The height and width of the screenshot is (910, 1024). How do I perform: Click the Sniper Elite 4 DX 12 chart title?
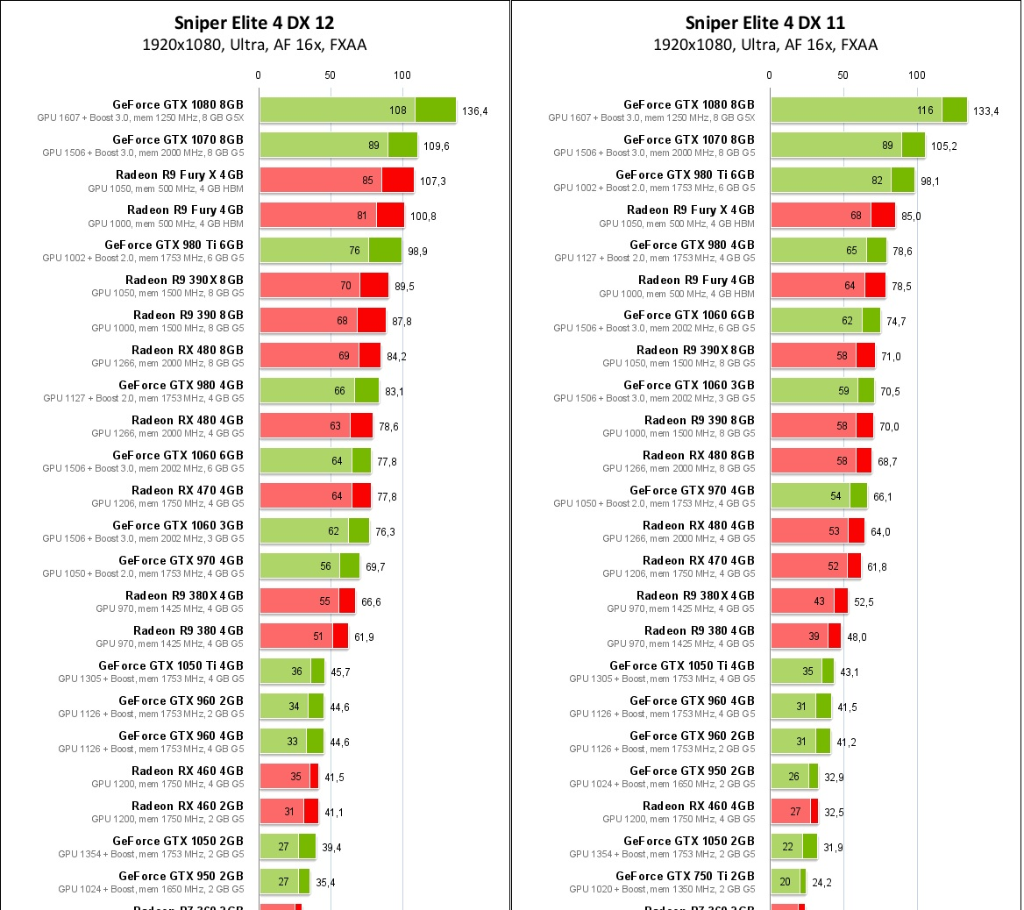coord(254,23)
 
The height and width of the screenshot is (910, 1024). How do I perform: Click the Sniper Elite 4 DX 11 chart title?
coord(765,23)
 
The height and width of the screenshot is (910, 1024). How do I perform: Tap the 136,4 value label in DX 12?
coord(474,111)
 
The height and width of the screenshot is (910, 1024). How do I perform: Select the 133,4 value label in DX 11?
coord(985,111)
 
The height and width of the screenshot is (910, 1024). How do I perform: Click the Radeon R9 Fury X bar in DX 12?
coord(337,181)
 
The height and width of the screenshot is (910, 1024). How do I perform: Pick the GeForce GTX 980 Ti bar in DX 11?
coord(843,181)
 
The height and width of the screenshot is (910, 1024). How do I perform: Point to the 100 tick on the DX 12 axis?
coord(402,75)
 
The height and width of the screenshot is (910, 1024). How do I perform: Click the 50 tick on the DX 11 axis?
coord(843,75)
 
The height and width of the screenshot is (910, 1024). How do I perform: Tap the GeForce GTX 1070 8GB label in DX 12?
coord(178,139)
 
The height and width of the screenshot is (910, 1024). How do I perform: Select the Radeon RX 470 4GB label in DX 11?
coord(698,560)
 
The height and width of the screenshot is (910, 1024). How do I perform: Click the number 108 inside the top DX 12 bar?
coord(398,111)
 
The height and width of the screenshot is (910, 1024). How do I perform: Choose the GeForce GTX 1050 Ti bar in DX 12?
coord(292,672)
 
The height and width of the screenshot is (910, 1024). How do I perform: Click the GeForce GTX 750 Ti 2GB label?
coord(685,876)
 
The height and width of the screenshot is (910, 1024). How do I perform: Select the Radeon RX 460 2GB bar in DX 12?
coord(289,812)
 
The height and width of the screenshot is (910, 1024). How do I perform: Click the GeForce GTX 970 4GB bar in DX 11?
coord(819,496)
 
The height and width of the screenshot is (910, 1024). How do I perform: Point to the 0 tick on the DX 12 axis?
coord(259,75)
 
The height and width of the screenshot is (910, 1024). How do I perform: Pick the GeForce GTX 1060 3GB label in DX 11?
coord(689,385)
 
